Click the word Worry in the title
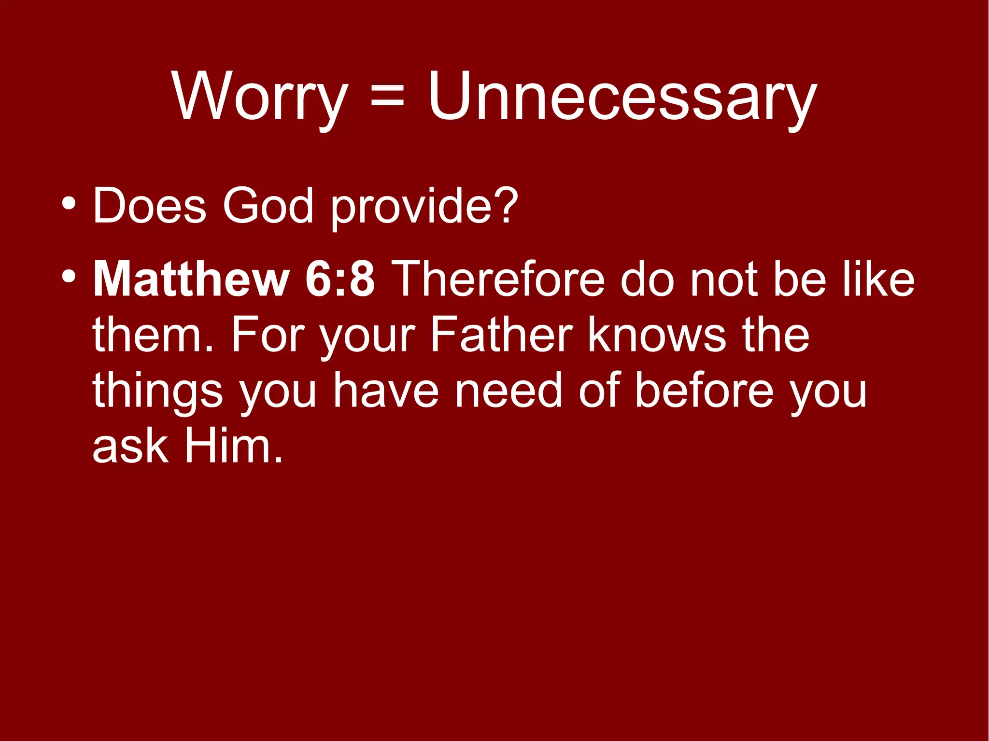click(260, 97)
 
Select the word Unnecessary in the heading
click(622, 97)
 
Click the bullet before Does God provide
click(69, 203)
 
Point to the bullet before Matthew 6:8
click(69, 277)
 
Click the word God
click(268, 206)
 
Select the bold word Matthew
click(191, 279)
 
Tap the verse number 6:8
click(340, 279)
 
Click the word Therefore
click(499, 279)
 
